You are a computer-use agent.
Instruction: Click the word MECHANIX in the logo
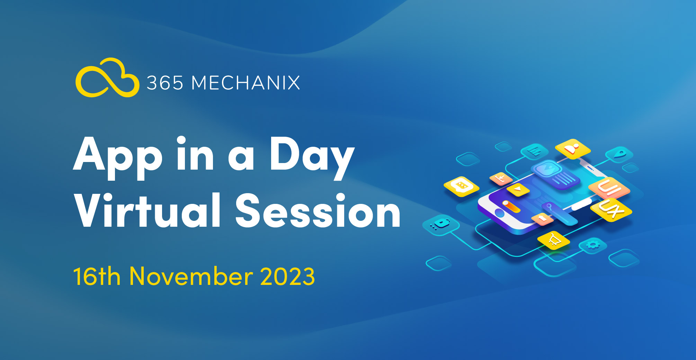(x=246, y=83)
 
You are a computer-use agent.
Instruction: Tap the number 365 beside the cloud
(x=165, y=83)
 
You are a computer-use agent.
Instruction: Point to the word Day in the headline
(x=312, y=158)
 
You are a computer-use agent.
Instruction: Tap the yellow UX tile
(x=611, y=209)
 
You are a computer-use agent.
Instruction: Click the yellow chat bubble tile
(x=461, y=186)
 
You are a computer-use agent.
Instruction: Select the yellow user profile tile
(x=573, y=148)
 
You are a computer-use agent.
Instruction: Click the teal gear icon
(x=593, y=245)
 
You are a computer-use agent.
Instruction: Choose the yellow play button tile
(x=518, y=189)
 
